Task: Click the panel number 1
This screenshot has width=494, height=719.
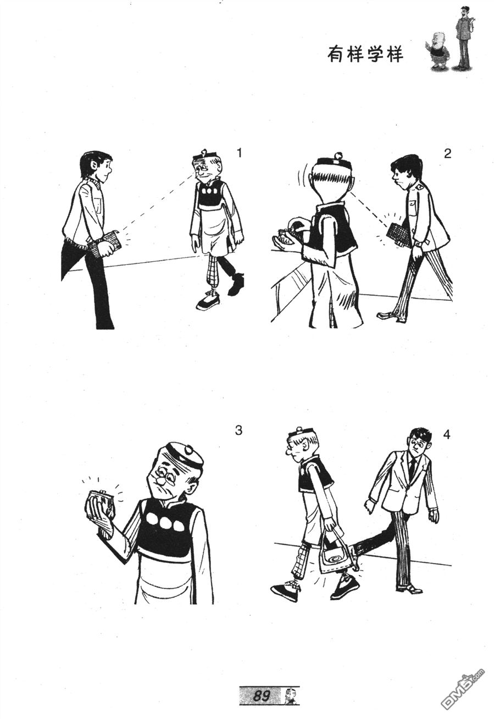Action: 238,153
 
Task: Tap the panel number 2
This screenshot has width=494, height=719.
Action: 447,154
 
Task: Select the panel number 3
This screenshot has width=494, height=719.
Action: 238,430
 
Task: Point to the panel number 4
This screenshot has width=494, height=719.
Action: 447,435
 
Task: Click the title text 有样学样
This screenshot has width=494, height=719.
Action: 365,55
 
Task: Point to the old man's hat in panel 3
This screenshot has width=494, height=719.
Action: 185,456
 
